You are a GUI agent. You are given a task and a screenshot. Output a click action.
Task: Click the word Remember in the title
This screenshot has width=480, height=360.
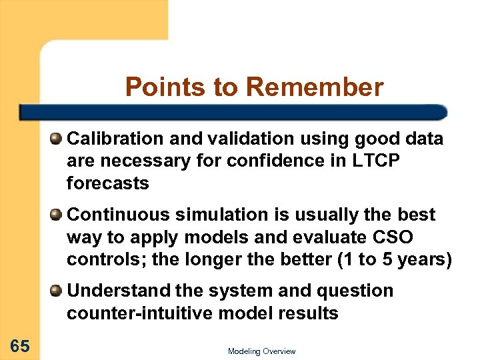click(x=315, y=87)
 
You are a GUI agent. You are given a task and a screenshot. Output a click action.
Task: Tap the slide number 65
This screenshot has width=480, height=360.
click(x=19, y=345)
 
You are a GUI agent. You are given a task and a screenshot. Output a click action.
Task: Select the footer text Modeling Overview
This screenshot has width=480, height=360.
click(x=261, y=351)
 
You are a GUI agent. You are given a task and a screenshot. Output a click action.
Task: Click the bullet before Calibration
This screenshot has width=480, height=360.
click(x=57, y=139)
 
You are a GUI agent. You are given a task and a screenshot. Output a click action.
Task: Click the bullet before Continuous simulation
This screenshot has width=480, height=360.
click(x=57, y=215)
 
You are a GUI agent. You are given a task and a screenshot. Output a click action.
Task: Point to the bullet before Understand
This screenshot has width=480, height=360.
click(x=57, y=291)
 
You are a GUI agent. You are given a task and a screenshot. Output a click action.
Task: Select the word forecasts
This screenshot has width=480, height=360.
click(x=107, y=184)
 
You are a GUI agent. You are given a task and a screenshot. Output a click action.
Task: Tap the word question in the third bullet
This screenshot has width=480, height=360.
click(x=353, y=291)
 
